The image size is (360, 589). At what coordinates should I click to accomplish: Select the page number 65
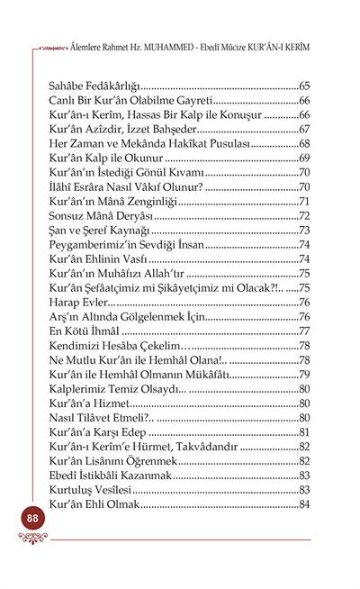point(304,84)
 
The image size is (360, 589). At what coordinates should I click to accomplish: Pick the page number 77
point(304,331)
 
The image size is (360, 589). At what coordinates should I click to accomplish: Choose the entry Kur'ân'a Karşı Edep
point(99,433)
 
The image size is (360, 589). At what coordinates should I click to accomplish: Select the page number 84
point(304,505)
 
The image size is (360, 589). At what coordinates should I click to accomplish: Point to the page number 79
point(304,375)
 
